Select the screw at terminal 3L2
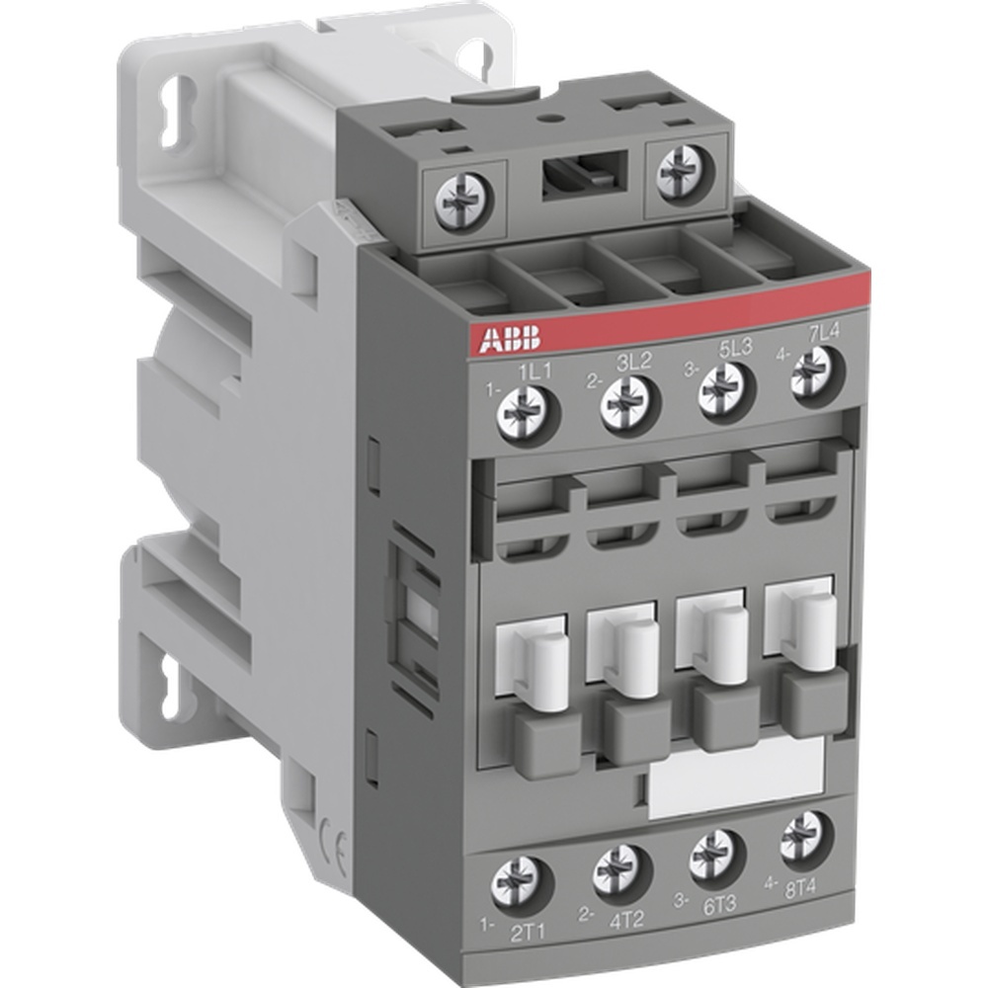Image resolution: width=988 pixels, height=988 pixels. pyautogui.click(x=626, y=400)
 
